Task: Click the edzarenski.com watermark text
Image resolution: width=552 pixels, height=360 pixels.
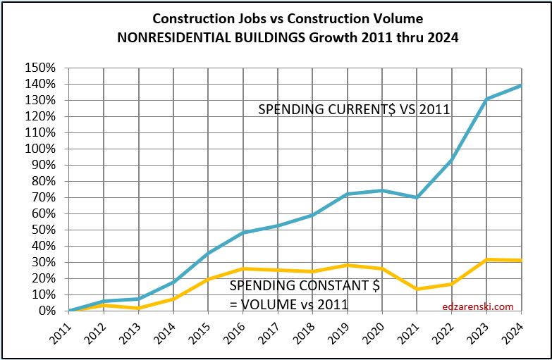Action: pyautogui.click(x=477, y=306)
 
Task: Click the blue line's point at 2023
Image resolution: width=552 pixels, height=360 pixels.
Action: pyautogui.click(x=486, y=99)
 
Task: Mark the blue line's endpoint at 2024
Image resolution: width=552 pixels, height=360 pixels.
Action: pyautogui.click(x=521, y=85)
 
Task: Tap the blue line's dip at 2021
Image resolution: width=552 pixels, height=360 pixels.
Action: pyautogui.click(x=417, y=197)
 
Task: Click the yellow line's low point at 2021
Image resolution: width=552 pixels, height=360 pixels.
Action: pyautogui.click(x=417, y=289)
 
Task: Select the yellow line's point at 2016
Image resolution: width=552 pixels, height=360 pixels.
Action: pyautogui.click(x=243, y=268)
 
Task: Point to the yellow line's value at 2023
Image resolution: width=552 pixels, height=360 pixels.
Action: pyautogui.click(x=486, y=259)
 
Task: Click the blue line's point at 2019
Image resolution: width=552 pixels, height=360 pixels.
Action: pyautogui.click(x=347, y=194)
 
